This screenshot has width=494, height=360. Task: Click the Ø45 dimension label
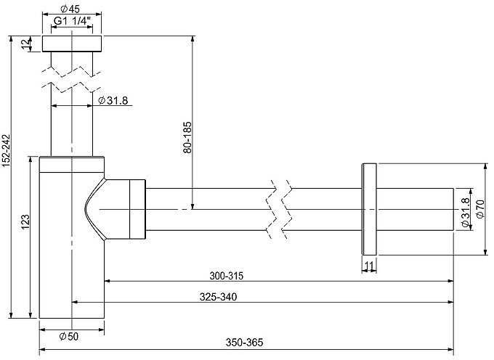[x=71, y=9]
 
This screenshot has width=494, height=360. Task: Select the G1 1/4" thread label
[x=73, y=22]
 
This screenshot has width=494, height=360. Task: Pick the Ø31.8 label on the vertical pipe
[x=113, y=100]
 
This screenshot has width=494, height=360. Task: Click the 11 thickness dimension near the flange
[x=369, y=266]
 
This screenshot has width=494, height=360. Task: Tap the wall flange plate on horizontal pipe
[x=369, y=209]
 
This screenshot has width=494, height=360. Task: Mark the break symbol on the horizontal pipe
[x=280, y=209]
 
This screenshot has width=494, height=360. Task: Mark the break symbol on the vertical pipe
[x=73, y=78]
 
